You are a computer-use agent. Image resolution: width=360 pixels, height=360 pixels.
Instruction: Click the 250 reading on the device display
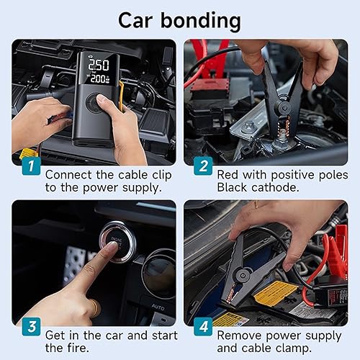click(98, 65)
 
